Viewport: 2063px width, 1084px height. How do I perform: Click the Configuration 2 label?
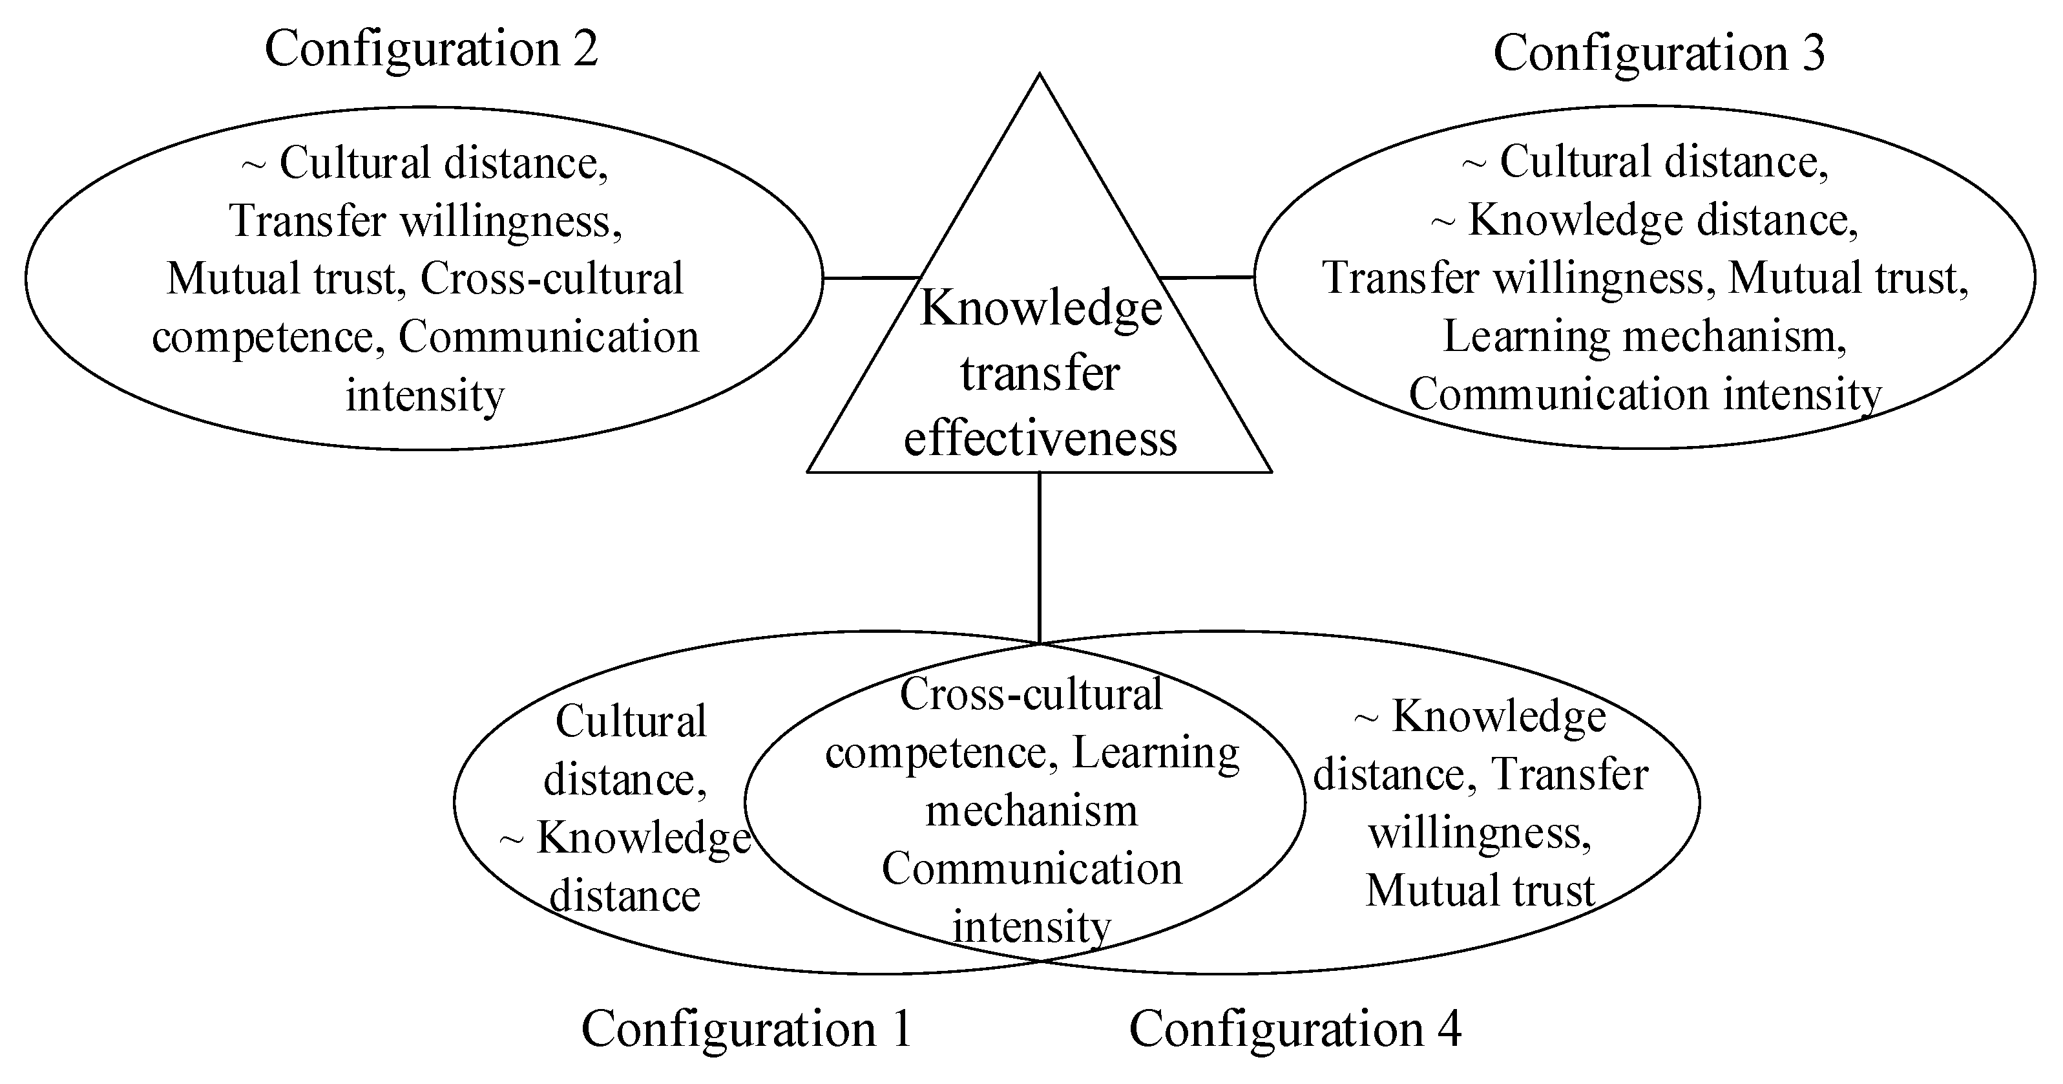pos(431,49)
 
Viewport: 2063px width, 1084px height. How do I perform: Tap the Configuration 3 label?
pos(1659,53)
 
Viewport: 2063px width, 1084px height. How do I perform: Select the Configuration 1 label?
pos(746,1028)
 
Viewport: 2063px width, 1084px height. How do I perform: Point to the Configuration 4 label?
pos(1295,1028)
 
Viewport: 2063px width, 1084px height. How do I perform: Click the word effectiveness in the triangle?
pos(1040,438)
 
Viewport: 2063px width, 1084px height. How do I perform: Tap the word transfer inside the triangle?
pos(1040,374)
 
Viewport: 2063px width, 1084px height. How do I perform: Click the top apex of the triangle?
pos(1040,77)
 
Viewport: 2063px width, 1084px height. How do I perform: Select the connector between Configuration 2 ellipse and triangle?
pos(872,278)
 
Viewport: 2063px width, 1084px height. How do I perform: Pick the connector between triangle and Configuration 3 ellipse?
pos(1207,277)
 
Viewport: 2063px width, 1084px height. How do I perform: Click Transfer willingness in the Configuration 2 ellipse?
pos(426,220)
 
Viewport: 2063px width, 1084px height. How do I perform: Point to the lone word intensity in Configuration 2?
pos(425,395)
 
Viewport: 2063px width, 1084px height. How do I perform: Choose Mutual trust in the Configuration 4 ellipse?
pos(1480,890)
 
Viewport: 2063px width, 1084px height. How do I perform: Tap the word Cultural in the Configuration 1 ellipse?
pos(631,721)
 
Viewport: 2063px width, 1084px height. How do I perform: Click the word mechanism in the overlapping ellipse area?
pos(1031,810)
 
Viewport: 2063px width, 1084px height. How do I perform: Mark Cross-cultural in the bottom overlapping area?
pos(1031,694)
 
